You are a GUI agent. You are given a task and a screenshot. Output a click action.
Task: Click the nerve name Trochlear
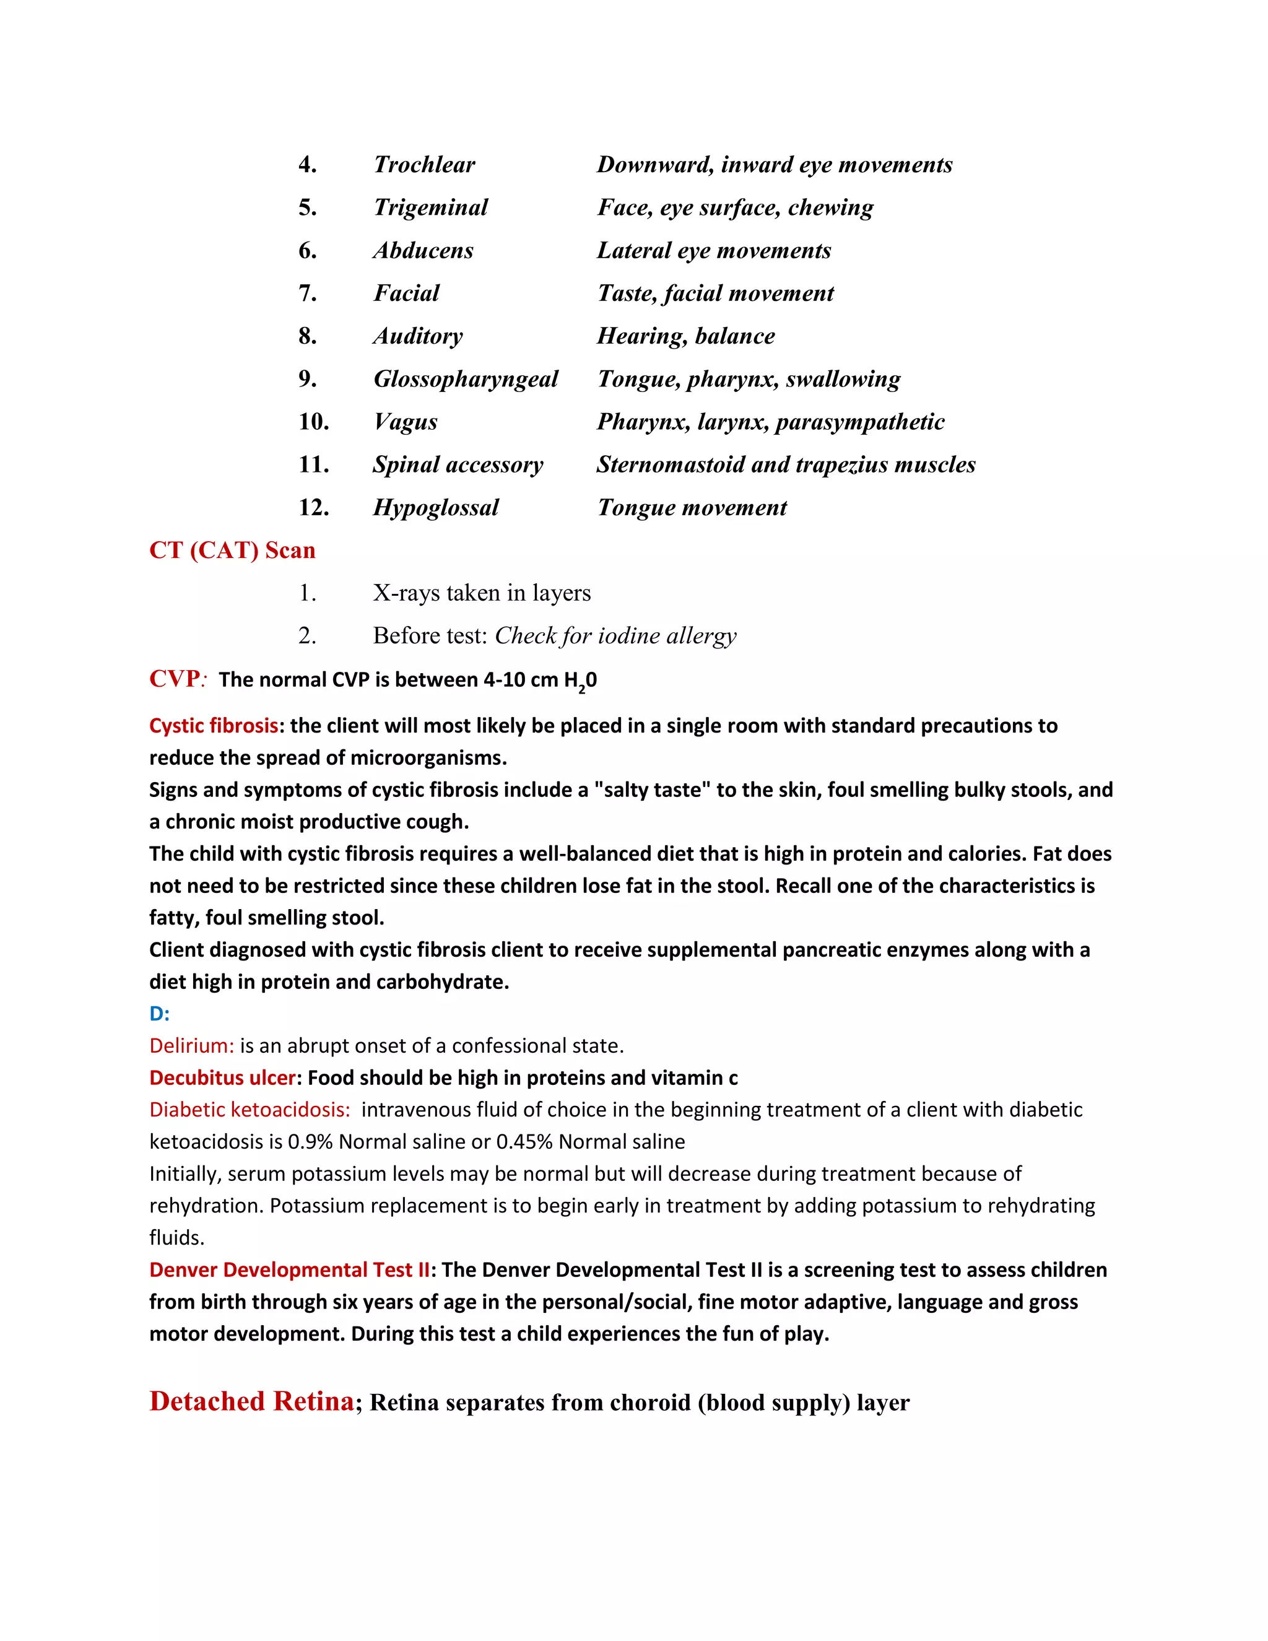click(x=424, y=165)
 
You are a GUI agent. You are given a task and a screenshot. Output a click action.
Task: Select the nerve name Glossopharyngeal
click(x=466, y=379)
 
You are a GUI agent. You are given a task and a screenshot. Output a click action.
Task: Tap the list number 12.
click(x=313, y=507)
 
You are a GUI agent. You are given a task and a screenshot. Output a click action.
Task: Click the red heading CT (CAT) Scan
click(x=232, y=550)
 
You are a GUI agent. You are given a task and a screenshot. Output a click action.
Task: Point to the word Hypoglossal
click(x=436, y=507)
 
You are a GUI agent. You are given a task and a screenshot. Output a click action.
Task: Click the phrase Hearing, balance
click(x=685, y=336)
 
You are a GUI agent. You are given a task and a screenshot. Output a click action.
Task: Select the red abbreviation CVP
click(x=174, y=679)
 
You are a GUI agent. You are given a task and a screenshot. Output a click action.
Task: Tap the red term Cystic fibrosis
click(x=214, y=726)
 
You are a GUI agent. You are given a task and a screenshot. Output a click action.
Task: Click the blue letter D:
click(x=159, y=1014)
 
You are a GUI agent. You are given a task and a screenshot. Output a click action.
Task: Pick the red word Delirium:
click(x=191, y=1046)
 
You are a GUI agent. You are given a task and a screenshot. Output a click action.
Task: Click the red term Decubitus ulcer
click(x=222, y=1077)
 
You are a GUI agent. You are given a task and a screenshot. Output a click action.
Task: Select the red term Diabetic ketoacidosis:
click(x=250, y=1110)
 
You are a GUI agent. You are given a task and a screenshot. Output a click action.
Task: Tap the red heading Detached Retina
click(x=251, y=1401)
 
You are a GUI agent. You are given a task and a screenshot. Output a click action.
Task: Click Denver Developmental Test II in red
click(x=289, y=1270)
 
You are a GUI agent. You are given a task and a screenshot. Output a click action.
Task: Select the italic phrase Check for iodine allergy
click(x=615, y=636)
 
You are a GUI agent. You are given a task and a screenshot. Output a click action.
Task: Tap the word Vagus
click(x=406, y=422)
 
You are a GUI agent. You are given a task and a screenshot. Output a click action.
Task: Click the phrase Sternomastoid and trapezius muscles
click(x=786, y=464)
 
